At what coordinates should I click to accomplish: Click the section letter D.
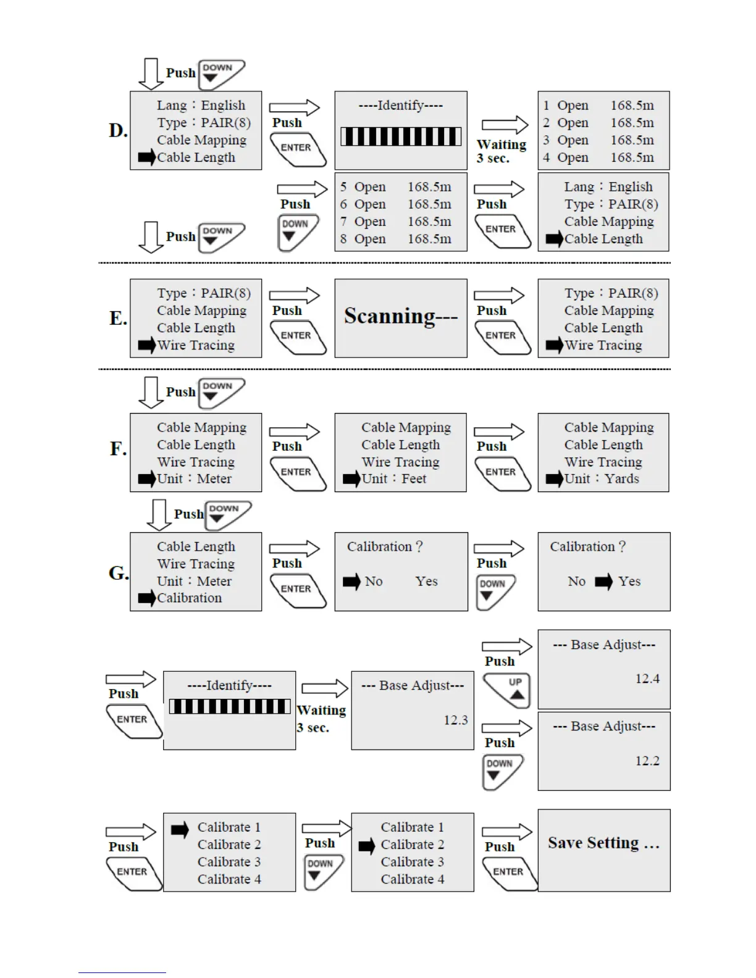(x=118, y=131)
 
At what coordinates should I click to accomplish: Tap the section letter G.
(x=119, y=573)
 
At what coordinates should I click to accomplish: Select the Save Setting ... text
(x=603, y=843)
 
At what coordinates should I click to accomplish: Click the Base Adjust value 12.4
(x=647, y=679)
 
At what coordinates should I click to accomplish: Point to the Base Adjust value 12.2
(x=647, y=761)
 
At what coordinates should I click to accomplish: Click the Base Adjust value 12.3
(x=455, y=721)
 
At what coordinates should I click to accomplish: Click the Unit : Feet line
(x=393, y=479)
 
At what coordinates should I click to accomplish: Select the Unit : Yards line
(x=601, y=479)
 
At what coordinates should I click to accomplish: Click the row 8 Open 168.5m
(x=395, y=239)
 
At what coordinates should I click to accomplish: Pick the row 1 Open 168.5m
(x=598, y=106)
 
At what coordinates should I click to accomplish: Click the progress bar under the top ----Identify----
(x=401, y=136)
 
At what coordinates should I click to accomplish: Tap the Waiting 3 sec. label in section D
(x=501, y=151)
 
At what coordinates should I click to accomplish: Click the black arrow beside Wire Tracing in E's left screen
(x=146, y=345)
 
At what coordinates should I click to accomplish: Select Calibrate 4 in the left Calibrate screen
(x=229, y=879)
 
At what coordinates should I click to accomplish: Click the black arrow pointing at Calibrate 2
(x=367, y=846)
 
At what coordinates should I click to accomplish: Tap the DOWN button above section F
(x=220, y=392)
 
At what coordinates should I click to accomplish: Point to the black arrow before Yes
(x=603, y=582)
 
